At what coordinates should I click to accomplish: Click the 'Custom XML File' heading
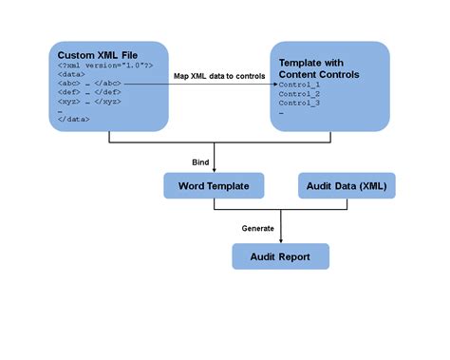tap(97, 54)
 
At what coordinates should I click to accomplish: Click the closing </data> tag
tap(74, 120)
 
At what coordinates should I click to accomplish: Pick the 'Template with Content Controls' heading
tap(318, 67)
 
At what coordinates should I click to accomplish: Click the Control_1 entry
tap(300, 85)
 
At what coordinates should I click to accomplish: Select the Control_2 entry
tap(300, 94)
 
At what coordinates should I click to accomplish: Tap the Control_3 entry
tap(300, 104)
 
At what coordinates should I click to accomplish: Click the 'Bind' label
tap(200, 162)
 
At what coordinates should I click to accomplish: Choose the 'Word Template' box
tap(214, 186)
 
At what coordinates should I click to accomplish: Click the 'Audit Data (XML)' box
tap(347, 186)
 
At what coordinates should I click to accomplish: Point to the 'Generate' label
tap(257, 228)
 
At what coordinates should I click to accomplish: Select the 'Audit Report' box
tap(281, 256)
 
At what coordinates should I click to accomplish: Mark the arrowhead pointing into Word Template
tap(215, 170)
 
